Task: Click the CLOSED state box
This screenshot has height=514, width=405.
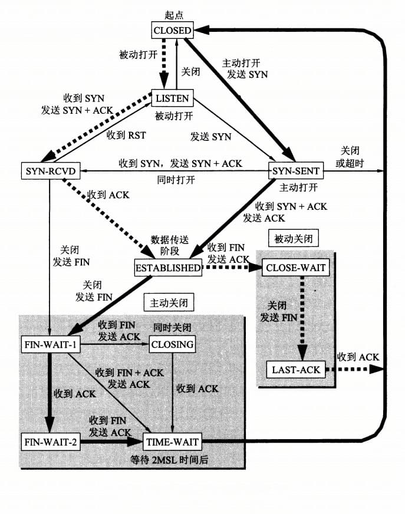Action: tap(172, 29)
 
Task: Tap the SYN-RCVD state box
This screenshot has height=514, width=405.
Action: tap(50, 171)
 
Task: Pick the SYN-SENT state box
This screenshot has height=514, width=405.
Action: tap(295, 171)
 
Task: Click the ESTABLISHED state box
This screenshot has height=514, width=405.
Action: tap(168, 267)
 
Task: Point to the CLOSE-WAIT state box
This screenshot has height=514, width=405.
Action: tap(295, 267)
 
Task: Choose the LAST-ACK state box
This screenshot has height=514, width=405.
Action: tap(295, 370)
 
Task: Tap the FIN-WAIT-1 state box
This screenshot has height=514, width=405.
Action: tap(51, 344)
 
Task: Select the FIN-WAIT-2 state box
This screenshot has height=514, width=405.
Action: tap(51, 440)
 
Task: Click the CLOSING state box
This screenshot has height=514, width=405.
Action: tap(172, 344)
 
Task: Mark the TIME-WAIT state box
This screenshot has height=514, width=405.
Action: tap(172, 440)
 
